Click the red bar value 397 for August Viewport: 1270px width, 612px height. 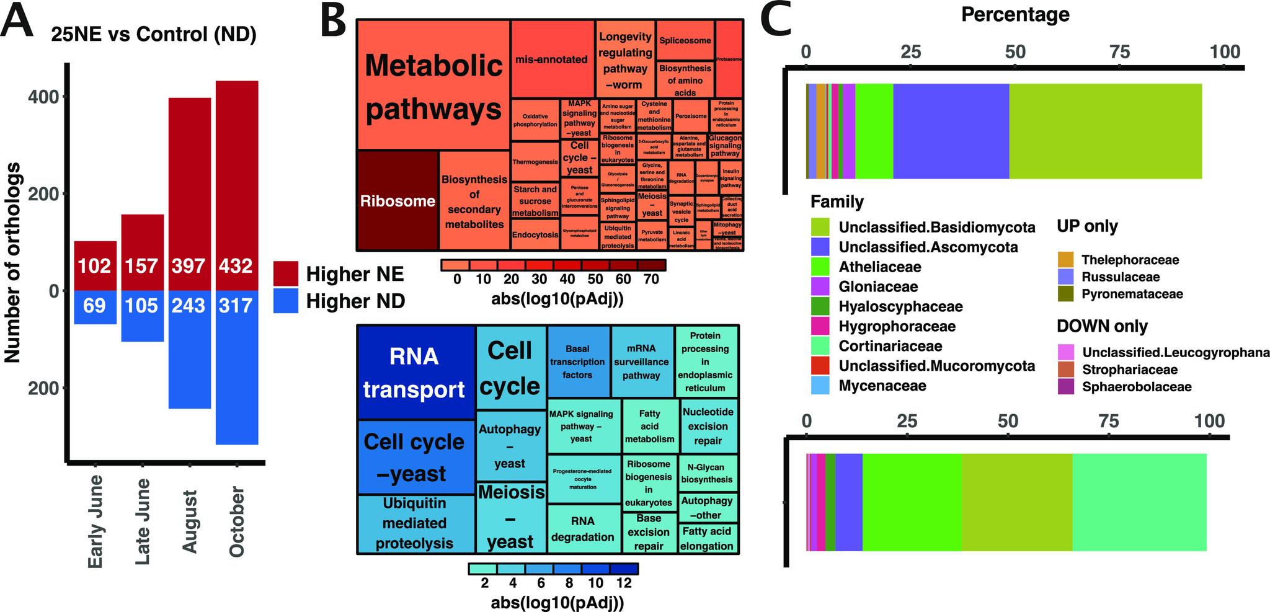point(189,266)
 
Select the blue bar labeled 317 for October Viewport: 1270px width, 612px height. point(237,306)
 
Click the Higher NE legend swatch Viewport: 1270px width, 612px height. point(285,273)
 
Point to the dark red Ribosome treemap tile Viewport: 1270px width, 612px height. point(397,201)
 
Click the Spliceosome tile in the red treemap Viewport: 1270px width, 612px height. point(685,41)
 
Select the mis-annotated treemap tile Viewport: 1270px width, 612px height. point(551,60)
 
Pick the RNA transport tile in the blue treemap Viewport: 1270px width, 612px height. point(414,373)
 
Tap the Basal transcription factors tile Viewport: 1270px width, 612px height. point(577,361)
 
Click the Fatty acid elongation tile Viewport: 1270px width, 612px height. point(707,539)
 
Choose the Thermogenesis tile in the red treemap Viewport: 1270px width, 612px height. point(535,162)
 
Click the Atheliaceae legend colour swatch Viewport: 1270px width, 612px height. point(820,267)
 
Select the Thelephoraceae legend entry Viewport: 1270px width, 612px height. point(1129,260)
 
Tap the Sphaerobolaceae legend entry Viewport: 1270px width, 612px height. point(1137,387)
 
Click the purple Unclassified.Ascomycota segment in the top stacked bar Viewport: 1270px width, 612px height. point(951,131)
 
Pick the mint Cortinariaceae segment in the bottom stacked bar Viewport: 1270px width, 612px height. point(1139,502)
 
